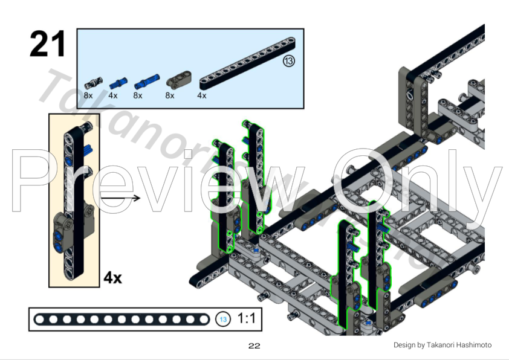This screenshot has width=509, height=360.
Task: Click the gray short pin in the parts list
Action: [x=93, y=82]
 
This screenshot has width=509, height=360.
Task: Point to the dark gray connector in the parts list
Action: [x=177, y=80]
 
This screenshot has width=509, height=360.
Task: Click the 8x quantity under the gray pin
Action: [x=89, y=95]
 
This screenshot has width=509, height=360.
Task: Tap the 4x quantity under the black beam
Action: [x=201, y=95]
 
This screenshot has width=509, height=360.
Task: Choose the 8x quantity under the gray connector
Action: [x=169, y=95]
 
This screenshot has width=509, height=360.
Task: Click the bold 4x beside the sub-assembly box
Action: [x=112, y=277]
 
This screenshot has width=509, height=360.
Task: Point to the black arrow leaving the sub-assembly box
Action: [x=121, y=198]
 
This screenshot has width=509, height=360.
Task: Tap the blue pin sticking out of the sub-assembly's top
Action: [x=88, y=147]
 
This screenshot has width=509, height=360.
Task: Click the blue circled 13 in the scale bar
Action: [x=224, y=319]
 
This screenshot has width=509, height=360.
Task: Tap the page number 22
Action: [x=254, y=346]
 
